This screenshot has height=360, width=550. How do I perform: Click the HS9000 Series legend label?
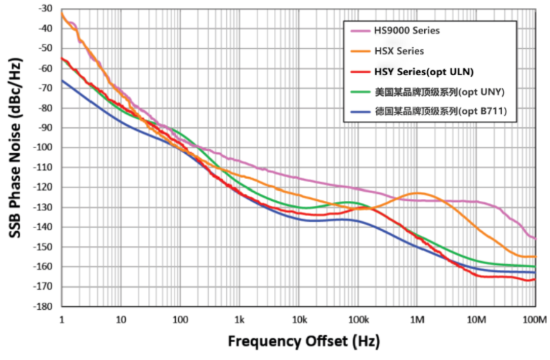click(x=406, y=31)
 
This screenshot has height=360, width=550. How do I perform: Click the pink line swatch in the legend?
click(x=360, y=31)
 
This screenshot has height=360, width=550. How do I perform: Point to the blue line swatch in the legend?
click(x=360, y=112)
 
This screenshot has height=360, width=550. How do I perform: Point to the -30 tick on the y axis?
click(x=44, y=9)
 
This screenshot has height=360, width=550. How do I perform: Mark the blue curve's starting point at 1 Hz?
click(x=62, y=80)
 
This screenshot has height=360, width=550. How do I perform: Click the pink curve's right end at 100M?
click(x=535, y=238)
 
